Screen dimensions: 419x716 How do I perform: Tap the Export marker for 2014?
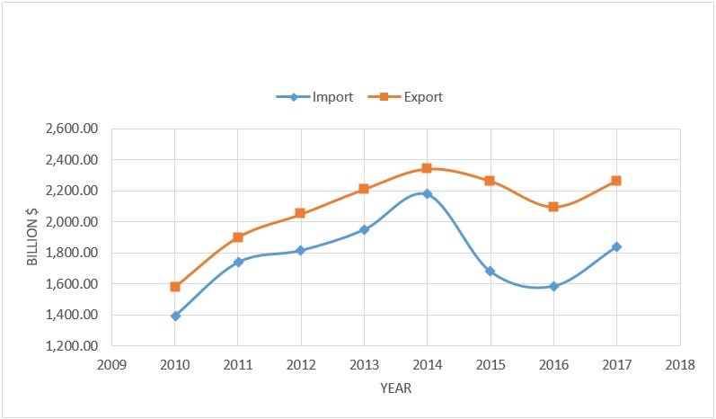tap(427, 168)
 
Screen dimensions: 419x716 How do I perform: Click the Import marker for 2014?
tap(427, 193)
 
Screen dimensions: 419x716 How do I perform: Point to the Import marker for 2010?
tap(175, 316)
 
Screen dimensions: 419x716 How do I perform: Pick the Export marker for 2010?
tap(175, 287)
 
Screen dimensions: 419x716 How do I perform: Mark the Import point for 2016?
tap(553, 286)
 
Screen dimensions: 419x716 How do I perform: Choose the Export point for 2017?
tap(616, 181)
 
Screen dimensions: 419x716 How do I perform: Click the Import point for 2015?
tap(491, 271)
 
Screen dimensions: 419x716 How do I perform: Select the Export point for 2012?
tap(301, 213)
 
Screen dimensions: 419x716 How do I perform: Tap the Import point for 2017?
tap(616, 246)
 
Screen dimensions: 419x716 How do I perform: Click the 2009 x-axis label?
tap(111, 366)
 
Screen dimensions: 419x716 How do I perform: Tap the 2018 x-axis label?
tap(680, 366)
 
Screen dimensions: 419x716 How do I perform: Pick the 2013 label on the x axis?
tap(364, 366)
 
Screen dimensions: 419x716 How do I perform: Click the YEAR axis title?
tap(395, 388)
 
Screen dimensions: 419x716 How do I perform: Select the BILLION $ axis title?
tap(32, 237)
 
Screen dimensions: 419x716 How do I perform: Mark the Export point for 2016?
tap(553, 207)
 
